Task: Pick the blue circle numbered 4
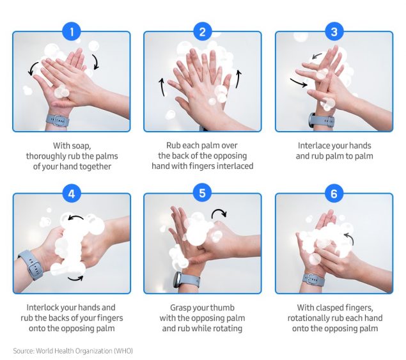(x=72, y=192)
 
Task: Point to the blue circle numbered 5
(x=203, y=192)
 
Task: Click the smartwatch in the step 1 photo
(x=58, y=120)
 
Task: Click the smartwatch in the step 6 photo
(x=314, y=278)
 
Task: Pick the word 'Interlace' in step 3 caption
(x=314, y=145)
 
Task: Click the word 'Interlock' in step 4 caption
(x=44, y=308)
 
